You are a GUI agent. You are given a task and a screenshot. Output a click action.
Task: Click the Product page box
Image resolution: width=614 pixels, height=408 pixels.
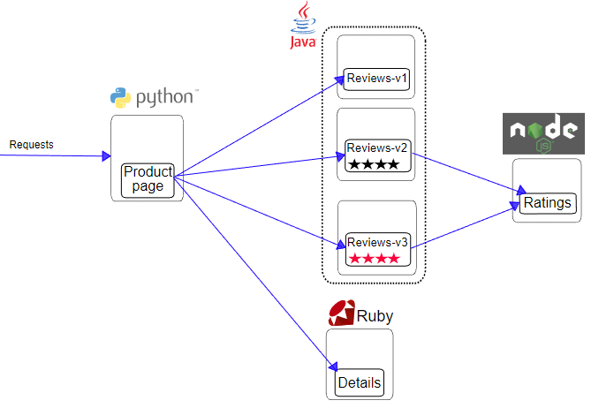[x=148, y=179]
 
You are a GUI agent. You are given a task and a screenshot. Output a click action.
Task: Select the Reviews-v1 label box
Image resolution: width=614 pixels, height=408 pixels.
[x=377, y=79]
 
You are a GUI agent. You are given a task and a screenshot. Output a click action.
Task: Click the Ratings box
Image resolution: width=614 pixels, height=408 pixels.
[x=548, y=203]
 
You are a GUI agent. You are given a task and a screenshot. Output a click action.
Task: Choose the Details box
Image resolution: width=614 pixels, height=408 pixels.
[x=360, y=382]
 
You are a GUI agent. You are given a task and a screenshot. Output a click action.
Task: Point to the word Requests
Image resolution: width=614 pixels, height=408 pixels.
[x=32, y=144]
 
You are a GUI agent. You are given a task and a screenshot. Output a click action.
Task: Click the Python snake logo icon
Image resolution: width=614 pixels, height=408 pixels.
[x=120, y=98]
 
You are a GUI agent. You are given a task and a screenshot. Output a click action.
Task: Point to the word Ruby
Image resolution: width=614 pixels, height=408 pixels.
[x=375, y=315]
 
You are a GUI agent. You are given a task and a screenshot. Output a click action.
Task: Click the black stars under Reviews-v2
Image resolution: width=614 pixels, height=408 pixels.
[x=374, y=164]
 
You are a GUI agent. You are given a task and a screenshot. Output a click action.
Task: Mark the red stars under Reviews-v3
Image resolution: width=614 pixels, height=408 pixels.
[x=375, y=259]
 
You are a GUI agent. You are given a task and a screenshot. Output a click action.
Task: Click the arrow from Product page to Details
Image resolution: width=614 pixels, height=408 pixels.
[x=256, y=275]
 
